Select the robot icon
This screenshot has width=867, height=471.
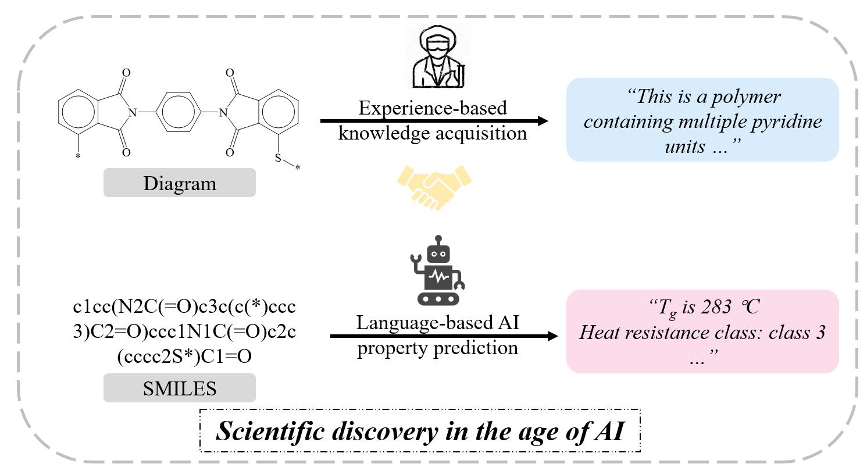click(x=437, y=270)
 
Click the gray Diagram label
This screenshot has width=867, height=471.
click(x=179, y=183)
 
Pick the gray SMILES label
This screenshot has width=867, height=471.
click(x=179, y=388)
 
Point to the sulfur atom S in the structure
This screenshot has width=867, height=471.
click(x=278, y=158)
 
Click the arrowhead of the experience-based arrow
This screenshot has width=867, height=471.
click(x=542, y=121)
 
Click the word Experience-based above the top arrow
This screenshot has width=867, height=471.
click(x=432, y=108)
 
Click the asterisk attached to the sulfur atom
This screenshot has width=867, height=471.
click(x=298, y=168)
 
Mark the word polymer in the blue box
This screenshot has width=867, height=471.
click(x=750, y=97)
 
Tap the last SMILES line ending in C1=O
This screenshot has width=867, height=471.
click(x=184, y=356)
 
